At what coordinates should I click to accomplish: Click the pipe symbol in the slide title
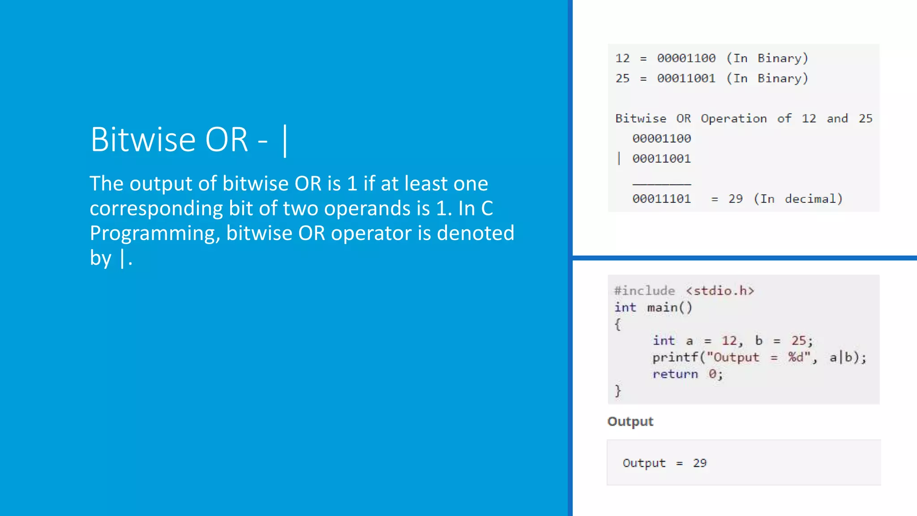point(285,140)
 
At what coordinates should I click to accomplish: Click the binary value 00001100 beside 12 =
point(686,58)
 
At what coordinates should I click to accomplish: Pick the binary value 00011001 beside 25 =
point(686,78)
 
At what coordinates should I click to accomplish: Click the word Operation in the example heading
point(733,119)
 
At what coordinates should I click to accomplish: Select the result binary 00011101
point(661,199)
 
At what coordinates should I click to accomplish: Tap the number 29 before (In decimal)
point(735,199)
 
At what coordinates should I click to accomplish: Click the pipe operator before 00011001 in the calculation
point(619,159)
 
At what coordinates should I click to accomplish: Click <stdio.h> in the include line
point(720,291)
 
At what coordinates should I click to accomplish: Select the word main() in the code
point(669,308)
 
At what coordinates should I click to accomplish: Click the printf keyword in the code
point(675,357)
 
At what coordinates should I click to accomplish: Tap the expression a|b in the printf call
point(841,357)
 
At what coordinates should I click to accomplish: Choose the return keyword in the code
point(675,374)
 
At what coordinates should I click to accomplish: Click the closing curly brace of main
point(618,391)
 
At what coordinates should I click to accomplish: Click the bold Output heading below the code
point(630,421)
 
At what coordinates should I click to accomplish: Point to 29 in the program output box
point(699,463)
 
